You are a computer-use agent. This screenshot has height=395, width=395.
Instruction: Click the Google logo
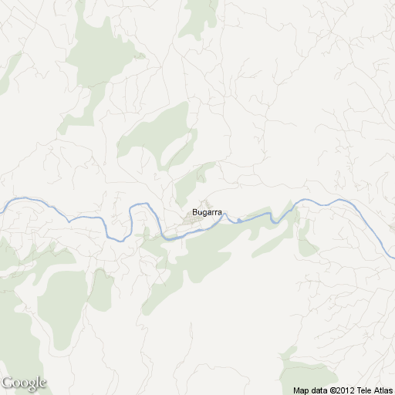(24, 383)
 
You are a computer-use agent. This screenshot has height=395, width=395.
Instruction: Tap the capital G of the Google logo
(8, 382)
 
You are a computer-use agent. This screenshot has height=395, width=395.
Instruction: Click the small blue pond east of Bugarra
(239, 221)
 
